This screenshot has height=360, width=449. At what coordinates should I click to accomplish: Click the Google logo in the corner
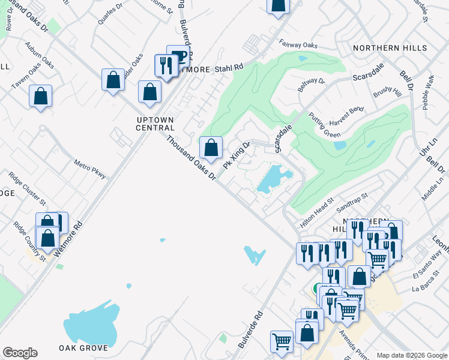pos(20,353)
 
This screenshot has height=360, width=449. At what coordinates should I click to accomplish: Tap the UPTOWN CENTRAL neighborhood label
pos(155,123)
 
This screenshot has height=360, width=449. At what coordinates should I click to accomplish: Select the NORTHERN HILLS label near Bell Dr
pos(390,48)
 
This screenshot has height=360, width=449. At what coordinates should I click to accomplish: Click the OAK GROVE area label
pos(83,348)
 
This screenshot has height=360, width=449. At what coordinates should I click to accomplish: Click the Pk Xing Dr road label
pos(236,155)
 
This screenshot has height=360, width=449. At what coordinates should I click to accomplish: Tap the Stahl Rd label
pos(232,69)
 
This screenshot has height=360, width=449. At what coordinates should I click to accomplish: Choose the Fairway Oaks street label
pos(298,44)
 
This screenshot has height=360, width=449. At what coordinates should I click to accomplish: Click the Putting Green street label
pos(324,124)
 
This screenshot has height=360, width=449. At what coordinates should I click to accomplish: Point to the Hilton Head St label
pos(316,212)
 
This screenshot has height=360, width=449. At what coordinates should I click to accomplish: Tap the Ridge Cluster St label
pos(27,187)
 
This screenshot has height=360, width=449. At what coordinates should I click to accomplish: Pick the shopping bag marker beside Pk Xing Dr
pos(211,148)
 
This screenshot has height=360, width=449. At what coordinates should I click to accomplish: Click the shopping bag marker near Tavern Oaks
pos(40,96)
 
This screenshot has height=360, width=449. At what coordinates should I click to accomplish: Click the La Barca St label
pos(426,284)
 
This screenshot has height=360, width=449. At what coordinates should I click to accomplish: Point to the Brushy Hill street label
pos(387,92)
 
